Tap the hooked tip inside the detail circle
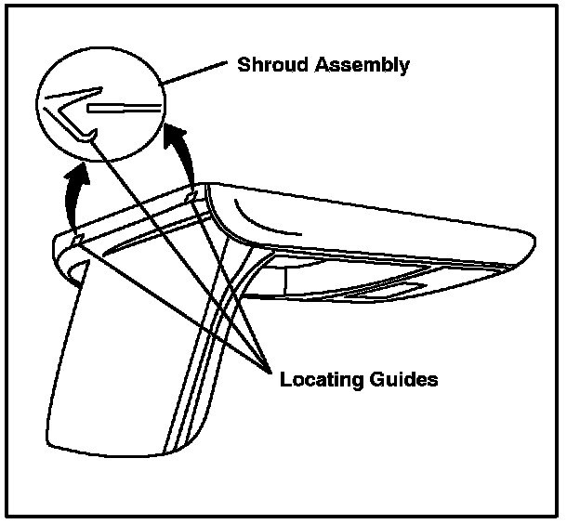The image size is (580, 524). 87,138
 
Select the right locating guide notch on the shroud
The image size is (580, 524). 191,197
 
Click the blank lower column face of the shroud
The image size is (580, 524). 112,362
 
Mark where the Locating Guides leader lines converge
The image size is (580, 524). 266,367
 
